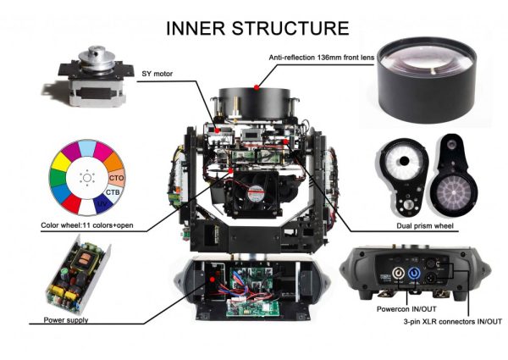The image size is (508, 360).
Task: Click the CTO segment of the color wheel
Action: coord(116,178)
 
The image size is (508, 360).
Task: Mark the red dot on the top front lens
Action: coord(256,86)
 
